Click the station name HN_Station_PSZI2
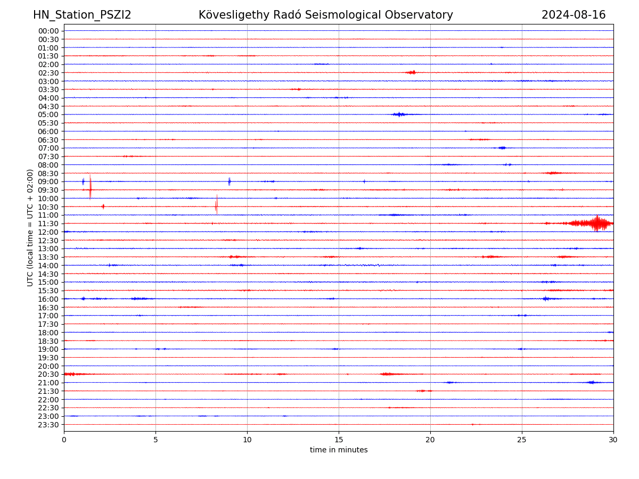tap(82, 15)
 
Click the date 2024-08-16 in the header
tap(574, 15)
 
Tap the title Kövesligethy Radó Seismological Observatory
tap(325, 15)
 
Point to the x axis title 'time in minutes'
tap(339, 450)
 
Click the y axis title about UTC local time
tap(30, 228)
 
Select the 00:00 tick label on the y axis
tap(48, 31)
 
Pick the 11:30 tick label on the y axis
tap(48, 224)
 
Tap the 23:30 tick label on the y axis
tap(48, 425)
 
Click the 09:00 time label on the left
tap(48, 181)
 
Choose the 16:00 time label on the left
tap(48, 299)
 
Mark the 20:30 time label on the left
tap(48, 374)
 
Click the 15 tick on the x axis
tap(339, 440)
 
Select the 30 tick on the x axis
tap(613, 440)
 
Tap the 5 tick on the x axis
tap(155, 440)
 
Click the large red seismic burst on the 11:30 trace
tap(596, 224)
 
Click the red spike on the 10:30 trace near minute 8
tap(216, 205)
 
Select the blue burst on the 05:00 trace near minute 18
tap(399, 114)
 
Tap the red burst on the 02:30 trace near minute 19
tap(411, 72)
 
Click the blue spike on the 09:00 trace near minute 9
tap(230, 181)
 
